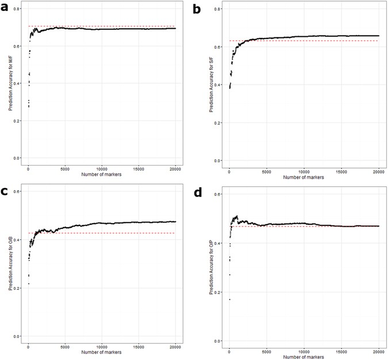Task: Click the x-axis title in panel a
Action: click(x=101, y=173)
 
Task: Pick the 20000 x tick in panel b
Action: click(x=379, y=171)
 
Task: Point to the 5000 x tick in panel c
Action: click(x=65, y=347)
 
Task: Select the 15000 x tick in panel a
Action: click(x=138, y=168)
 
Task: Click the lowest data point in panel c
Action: click(x=28, y=284)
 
